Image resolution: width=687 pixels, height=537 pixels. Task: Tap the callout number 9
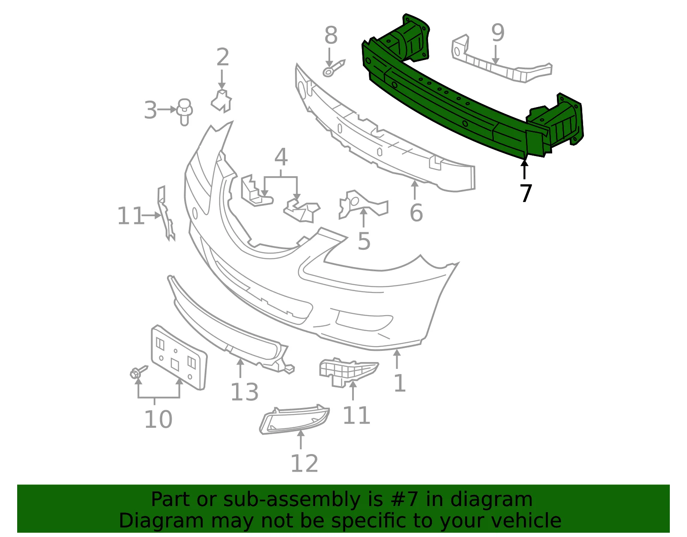pos(498,33)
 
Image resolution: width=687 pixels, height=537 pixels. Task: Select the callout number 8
pos(331,35)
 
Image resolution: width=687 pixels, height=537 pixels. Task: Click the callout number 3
pos(150,110)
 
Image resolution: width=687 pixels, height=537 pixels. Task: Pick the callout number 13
pos(245,393)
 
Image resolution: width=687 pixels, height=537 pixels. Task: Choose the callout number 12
pos(304,463)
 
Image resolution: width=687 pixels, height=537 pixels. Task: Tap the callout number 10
pos(158,420)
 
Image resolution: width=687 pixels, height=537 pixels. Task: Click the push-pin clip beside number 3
pos(185,112)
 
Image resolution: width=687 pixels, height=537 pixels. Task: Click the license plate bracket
pos(179,358)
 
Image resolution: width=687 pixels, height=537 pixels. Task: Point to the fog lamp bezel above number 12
pos(295,420)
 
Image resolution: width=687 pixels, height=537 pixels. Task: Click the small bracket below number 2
pos(222,101)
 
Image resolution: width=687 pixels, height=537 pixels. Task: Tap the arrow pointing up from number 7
pos(524,170)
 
